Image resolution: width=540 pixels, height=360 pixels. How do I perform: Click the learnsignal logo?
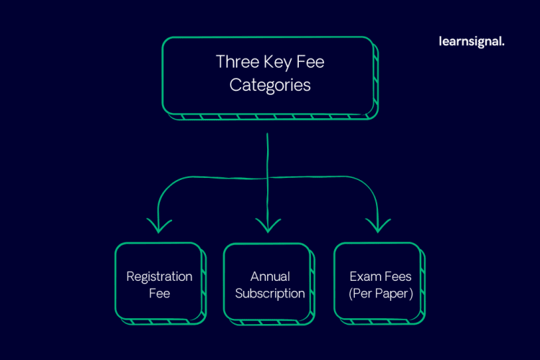pyautogui.click(x=471, y=41)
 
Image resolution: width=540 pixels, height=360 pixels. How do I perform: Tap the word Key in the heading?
pyautogui.click(x=277, y=62)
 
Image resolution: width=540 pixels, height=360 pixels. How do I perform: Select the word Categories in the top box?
pyautogui.click(x=270, y=85)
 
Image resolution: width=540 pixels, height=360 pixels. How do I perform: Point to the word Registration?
pyautogui.click(x=159, y=276)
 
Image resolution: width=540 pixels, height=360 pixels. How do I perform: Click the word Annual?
pyautogui.click(x=270, y=276)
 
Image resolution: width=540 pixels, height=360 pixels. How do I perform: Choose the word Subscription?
pyautogui.click(x=270, y=294)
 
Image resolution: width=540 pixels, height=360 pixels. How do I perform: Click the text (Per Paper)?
pyautogui.click(x=380, y=294)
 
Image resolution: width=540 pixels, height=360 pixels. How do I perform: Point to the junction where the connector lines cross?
pyautogui.click(x=268, y=176)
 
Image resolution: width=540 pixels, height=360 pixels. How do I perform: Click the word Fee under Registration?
pyautogui.click(x=159, y=294)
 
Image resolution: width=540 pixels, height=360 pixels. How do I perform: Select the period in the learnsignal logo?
pyautogui.click(x=503, y=44)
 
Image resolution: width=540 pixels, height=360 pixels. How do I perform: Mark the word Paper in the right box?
pyautogui.click(x=390, y=294)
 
